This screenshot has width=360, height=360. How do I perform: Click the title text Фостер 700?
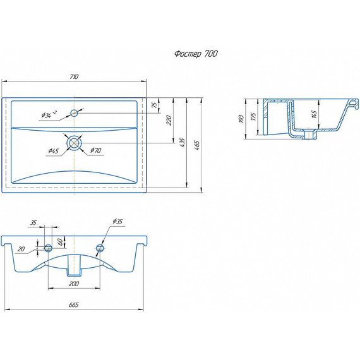(x=196, y=54)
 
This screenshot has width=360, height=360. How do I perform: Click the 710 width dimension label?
(x=74, y=76)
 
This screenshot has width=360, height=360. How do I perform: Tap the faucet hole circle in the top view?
(x=74, y=113)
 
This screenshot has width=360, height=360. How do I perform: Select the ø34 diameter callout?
(x=49, y=114)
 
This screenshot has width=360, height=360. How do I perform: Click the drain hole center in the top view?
(x=74, y=143)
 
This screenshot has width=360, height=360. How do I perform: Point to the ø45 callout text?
(x=54, y=150)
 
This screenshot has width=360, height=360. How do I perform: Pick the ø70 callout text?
(x=96, y=150)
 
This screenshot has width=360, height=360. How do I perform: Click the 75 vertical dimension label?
(x=155, y=105)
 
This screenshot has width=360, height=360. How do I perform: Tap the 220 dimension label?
(x=169, y=120)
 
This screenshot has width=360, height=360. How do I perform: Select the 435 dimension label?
(x=182, y=142)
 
